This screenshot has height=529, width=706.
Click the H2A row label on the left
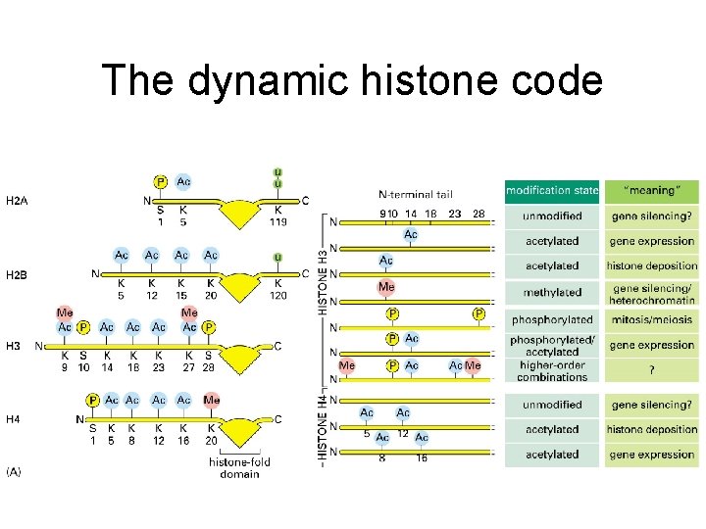point(17,201)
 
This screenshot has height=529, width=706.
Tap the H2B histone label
point(17,274)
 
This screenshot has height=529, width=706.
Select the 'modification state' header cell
point(552,190)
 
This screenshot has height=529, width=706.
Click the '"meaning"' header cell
point(651,190)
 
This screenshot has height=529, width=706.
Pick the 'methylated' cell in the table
point(552,292)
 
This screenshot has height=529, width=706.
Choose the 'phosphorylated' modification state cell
point(552,319)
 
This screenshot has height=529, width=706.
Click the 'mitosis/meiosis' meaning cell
point(651,319)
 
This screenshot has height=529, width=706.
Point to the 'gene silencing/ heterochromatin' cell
point(651,292)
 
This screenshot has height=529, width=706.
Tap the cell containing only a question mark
point(651,370)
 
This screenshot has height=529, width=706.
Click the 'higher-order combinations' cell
point(552,371)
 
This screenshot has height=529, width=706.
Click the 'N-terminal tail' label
point(416,194)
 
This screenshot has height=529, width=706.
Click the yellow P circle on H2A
point(161,181)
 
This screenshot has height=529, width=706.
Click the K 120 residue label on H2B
point(278,288)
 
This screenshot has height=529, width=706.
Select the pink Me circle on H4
point(212,400)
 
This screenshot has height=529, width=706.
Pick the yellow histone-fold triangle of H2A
point(236,210)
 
